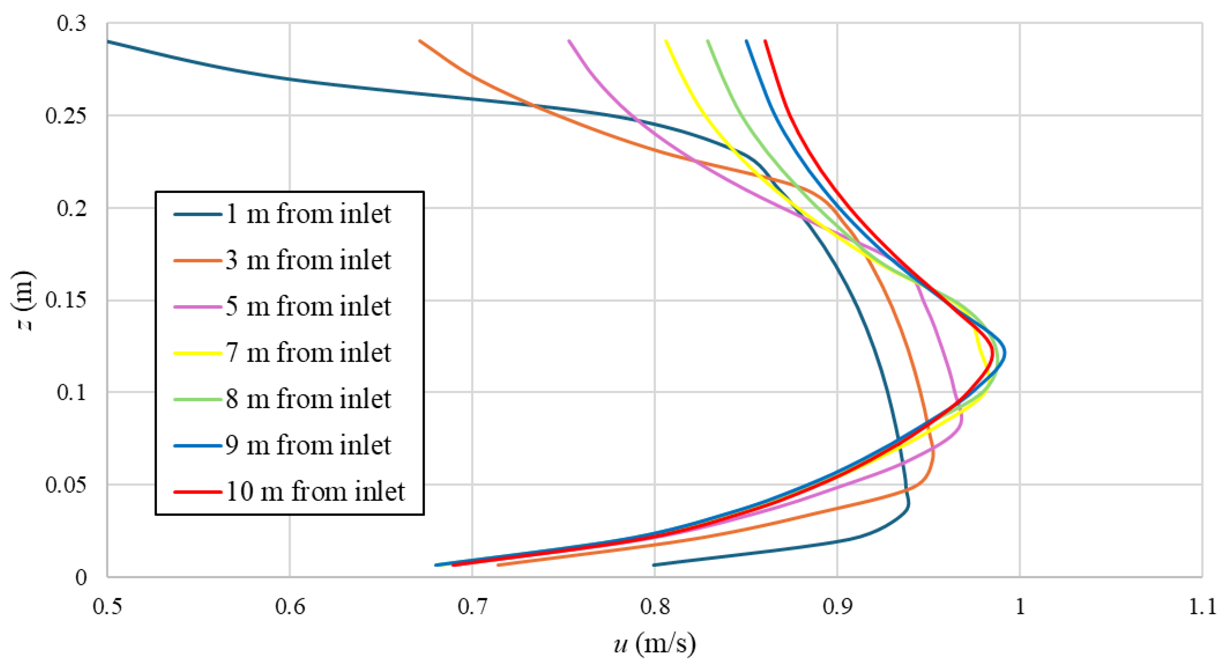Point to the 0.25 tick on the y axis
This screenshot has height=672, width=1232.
[x=66, y=116]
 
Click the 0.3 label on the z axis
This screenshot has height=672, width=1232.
[x=72, y=23]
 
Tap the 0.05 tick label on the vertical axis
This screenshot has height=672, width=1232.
[x=66, y=485]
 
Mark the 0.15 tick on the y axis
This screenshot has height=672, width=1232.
[x=66, y=300]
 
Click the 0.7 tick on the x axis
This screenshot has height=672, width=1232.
[x=473, y=607]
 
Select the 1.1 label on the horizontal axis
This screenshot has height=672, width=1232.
[x=1202, y=607]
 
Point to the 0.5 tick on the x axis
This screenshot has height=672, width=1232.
[x=107, y=607]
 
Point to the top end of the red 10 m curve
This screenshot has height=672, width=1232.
[x=765, y=41]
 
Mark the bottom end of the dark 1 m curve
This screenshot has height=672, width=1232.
[x=654, y=565]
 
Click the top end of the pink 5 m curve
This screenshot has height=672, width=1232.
[x=569, y=41]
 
